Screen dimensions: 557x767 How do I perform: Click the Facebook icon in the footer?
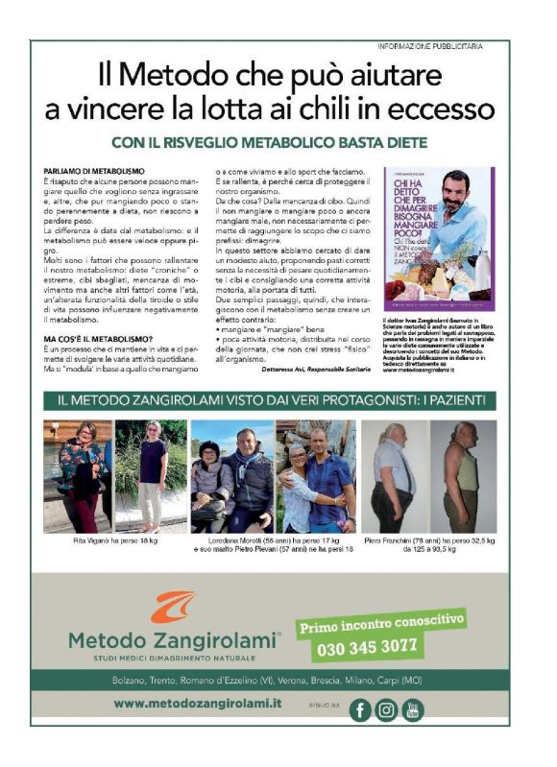(x=360, y=709)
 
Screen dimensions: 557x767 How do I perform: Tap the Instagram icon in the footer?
(x=386, y=709)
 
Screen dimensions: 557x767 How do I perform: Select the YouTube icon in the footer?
(x=412, y=709)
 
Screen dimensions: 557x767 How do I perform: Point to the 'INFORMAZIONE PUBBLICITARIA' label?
(x=429, y=46)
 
